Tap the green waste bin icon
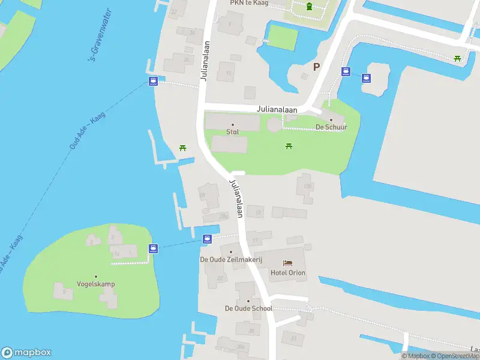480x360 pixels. pyautogui.click(x=309, y=7)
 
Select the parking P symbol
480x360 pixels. pyautogui.click(x=316, y=67)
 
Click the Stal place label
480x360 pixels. pyautogui.click(x=233, y=131)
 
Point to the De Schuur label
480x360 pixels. pyautogui.click(x=328, y=127)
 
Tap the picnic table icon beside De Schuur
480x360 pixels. pyautogui.click(x=290, y=146)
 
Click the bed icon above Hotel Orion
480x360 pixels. pyautogui.click(x=288, y=263)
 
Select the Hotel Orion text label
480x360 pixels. pyautogui.click(x=288, y=273)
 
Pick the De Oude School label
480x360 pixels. pyautogui.click(x=248, y=308)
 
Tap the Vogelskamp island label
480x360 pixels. pyautogui.click(x=96, y=284)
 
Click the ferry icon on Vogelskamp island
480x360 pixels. pyautogui.click(x=153, y=248)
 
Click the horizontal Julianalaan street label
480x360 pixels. pyautogui.click(x=277, y=110)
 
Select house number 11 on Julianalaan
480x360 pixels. pyautogui.click(x=229, y=73)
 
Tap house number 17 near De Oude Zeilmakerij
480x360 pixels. pyautogui.click(x=256, y=241)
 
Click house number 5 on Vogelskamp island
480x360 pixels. pyautogui.click(x=64, y=292)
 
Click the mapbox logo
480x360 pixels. pyautogui.click(x=26, y=353)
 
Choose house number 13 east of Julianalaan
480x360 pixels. pyautogui.click(x=259, y=212)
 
